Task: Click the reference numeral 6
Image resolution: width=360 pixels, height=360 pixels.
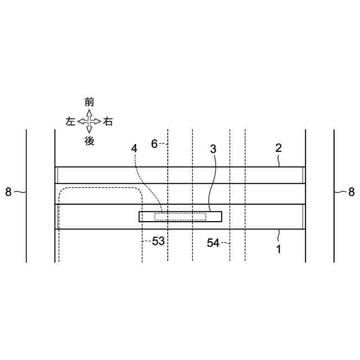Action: pos(155,144)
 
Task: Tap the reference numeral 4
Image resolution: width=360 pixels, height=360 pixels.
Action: pos(134,148)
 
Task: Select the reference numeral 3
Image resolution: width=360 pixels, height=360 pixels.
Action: pos(213,149)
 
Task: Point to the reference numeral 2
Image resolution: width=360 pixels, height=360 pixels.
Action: pos(278,148)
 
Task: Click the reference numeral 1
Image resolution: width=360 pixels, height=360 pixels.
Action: pos(279,249)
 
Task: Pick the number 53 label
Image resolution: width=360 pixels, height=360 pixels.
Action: pos(159,241)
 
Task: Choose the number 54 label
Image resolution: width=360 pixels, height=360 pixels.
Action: pos(213,243)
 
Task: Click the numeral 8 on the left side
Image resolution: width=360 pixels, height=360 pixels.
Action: pos(8,192)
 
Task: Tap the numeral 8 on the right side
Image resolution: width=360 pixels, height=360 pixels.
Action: pos(352,192)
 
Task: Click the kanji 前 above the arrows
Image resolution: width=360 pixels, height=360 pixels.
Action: pos(89,102)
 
